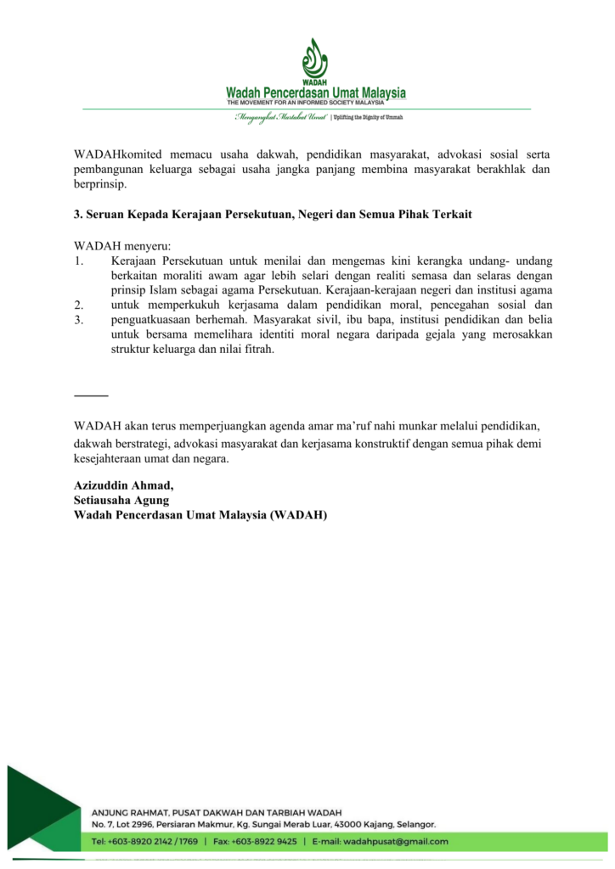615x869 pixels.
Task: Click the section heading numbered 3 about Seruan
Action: click(x=273, y=215)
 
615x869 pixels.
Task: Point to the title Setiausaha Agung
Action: click(x=121, y=500)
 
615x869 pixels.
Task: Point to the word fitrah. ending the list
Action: click(x=257, y=350)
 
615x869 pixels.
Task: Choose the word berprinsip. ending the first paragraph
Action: click(x=99, y=185)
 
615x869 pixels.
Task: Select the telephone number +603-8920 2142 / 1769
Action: click(x=153, y=841)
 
